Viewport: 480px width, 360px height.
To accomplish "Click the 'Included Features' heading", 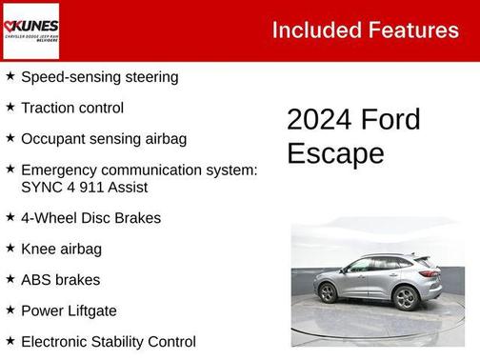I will pyautogui.click(x=365, y=30).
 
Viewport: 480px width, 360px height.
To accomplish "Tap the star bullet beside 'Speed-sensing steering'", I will pyautogui.click(x=10, y=76).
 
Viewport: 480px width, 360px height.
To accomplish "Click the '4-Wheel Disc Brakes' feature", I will pyautogui.click(x=90, y=218).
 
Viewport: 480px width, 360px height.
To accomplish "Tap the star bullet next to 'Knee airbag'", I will pyautogui.click(x=10, y=249).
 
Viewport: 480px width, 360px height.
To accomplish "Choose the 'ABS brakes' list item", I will pyautogui.click(x=60, y=280).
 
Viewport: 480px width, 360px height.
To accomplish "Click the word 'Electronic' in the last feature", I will pyautogui.click(x=56, y=342).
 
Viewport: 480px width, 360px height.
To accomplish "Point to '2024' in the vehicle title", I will pyautogui.click(x=319, y=120).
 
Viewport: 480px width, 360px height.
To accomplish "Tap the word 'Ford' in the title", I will pyautogui.click(x=390, y=120).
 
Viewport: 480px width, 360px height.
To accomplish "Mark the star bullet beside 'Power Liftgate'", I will pyautogui.click(x=10, y=310).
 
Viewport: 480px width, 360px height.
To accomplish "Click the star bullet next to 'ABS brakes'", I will pyautogui.click(x=10, y=280).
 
